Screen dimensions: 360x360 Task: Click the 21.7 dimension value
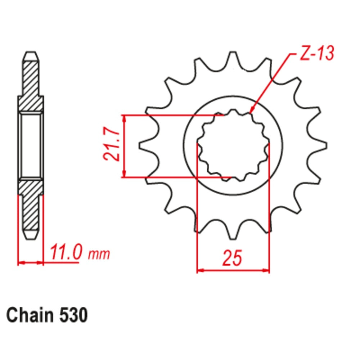click(111, 146)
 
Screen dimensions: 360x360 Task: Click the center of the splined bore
click(233, 146)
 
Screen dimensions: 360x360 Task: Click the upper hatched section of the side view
click(31, 86)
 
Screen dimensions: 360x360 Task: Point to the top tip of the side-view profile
click(31, 54)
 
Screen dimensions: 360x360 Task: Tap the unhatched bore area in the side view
click(31, 146)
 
